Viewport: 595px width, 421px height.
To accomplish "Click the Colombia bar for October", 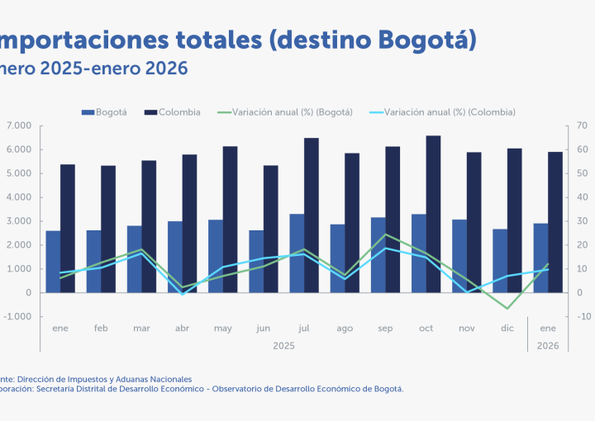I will click(433, 214).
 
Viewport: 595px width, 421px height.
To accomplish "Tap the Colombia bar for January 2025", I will click(68, 228).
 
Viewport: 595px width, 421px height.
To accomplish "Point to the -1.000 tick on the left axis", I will click(17, 317).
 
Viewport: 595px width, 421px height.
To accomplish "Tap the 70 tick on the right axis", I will click(582, 125).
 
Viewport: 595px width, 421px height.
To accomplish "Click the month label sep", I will click(385, 329).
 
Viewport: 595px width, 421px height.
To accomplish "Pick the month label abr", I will click(182, 329).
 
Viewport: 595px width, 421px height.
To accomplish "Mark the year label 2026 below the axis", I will click(548, 346).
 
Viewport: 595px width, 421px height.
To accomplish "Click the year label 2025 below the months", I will click(283, 346).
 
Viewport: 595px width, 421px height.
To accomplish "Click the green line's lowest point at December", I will click(507, 309).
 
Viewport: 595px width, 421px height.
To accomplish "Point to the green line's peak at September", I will click(385, 234).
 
